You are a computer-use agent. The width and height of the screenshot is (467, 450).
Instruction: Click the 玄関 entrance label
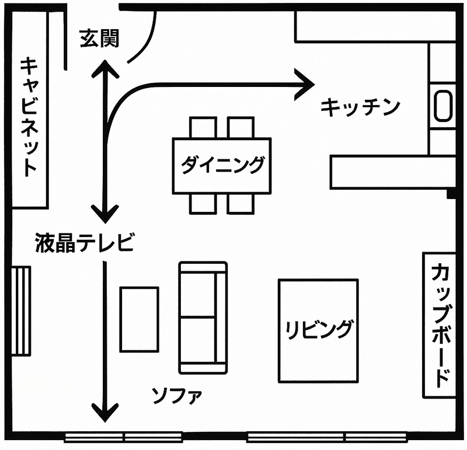(99, 38)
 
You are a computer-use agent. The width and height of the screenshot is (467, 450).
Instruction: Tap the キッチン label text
(360, 107)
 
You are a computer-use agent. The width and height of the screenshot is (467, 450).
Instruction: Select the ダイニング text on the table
(222, 165)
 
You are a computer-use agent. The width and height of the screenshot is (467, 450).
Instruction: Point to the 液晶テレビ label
(84, 242)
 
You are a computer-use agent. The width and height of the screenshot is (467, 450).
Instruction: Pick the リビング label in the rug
(318, 330)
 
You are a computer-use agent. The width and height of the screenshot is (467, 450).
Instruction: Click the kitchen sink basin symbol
(442, 106)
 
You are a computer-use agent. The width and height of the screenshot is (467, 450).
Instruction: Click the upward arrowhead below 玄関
(105, 68)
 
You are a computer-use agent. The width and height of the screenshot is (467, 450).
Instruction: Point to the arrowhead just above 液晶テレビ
(105, 214)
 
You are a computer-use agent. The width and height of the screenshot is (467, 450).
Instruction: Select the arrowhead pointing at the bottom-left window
(105, 413)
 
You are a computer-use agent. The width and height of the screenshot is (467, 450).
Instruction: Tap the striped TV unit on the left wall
(21, 311)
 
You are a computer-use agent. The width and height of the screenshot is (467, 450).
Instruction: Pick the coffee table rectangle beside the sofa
(139, 320)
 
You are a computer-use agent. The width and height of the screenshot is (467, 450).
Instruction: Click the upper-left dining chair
(203, 127)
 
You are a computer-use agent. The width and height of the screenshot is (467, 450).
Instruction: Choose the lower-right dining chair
(241, 204)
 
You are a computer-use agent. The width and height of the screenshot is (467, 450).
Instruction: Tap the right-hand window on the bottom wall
(327, 437)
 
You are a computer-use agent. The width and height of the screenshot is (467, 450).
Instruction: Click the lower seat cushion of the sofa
(198, 340)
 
